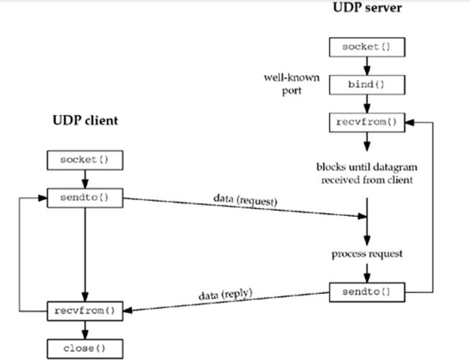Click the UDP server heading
(x=366, y=9)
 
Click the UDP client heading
(x=84, y=120)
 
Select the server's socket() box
(x=366, y=47)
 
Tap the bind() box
(x=366, y=84)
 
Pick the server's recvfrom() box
(x=366, y=122)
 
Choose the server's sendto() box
(x=366, y=292)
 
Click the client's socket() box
(x=85, y=159)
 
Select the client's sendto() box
(x=85, y=198)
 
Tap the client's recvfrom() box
(x=85, y=312)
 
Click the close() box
(x=85, y=349)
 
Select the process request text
(x=366, y=255)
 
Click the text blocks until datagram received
(x=366, y=174)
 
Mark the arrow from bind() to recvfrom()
(x=366, y=104)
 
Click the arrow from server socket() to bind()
(x=366, y=66)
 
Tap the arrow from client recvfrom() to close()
(x=85, y=330)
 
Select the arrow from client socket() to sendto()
(x=85, y=179)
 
